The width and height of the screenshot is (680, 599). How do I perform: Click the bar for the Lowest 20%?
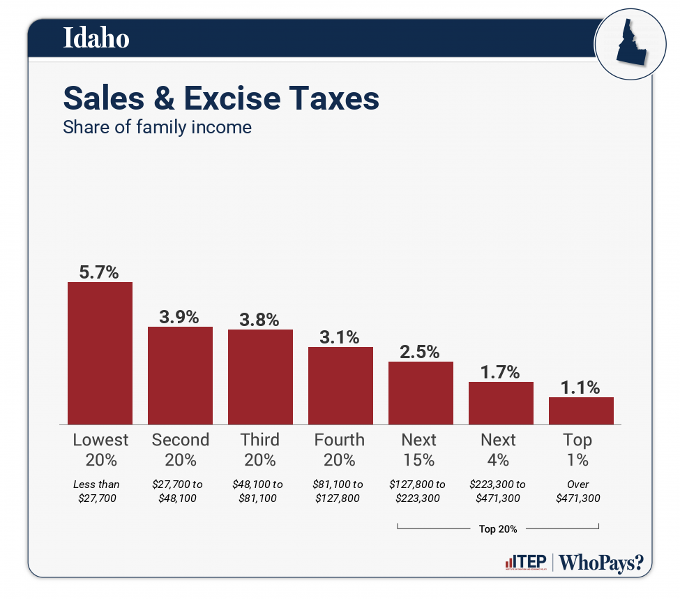pyautogui.click(x=100, y=353)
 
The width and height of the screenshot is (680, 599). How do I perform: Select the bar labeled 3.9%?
pyautogui.click(x=180, y=375)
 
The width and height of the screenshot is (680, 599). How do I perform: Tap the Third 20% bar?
pyautogui.click(x=260, y=376)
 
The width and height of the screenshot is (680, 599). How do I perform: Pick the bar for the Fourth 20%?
pyautogui.click(x=340, y=385)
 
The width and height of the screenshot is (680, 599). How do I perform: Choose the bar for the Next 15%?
pyautogui.click(x=421, y=392)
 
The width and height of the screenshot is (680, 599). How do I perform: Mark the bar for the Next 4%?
pyautogui.click(x=501, y=403)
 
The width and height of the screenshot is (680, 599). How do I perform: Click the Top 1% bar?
pyautogui.click(x=581, y=411)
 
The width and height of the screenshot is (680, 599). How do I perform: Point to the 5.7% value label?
pyautogui.click(x=100, y=272)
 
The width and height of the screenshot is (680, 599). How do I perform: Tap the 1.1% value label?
pyautogui.click(x=581, y=387)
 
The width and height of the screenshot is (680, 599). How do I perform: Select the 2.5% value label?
pyautogui.click(x=421, y=352)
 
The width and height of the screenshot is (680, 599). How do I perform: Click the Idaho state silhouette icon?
pyautogui.click(x=626, y=45)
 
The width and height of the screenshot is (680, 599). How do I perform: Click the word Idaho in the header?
pyautogui.click(x=96, y=38)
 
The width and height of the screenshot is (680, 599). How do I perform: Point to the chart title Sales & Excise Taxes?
pyautogui.click(x=221, y=98)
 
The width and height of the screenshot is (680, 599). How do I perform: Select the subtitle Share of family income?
pyautogui.click(x=157, y=128)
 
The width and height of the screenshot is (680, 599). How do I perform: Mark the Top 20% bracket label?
pyautogui.click(x=498, y=528)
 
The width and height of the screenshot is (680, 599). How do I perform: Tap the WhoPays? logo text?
pyautogui.click(x=601, y=563)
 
